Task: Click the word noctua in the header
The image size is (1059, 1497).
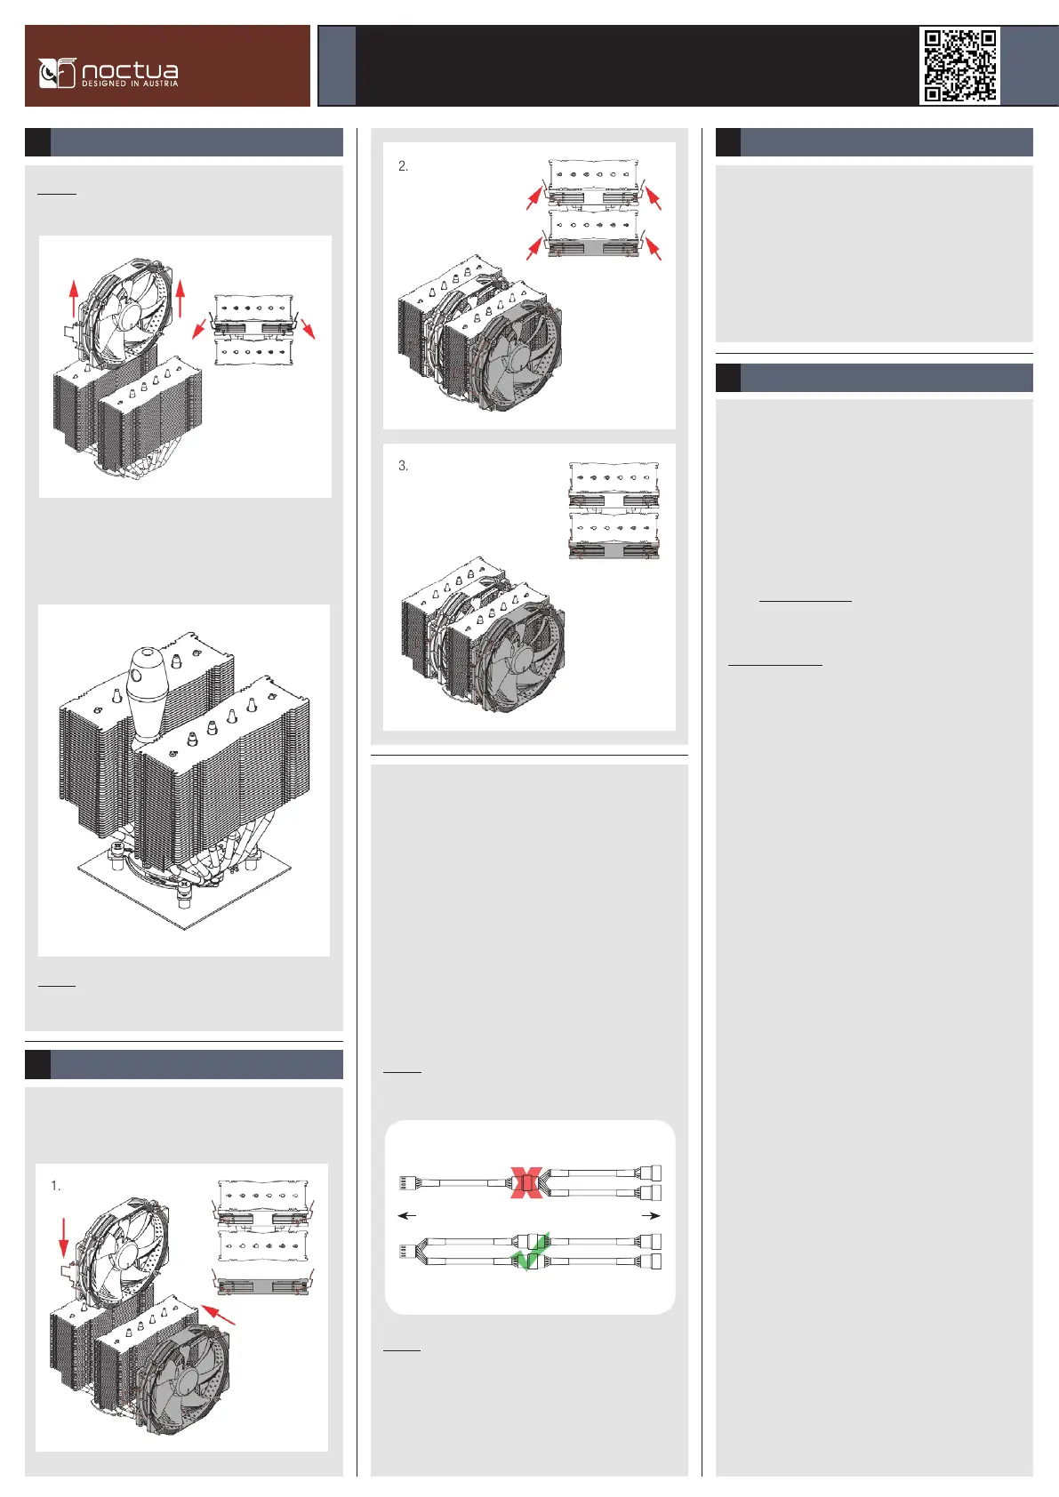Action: pos(130,70)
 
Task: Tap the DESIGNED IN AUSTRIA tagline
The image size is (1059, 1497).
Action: pos(130,84)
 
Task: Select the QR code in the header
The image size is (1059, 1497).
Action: pos(960,66)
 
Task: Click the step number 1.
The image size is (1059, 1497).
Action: pos(55,1186)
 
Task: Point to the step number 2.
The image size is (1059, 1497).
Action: pos(403,165)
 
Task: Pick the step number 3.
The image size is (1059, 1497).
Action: pos(403,466)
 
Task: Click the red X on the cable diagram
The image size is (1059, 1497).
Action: pos(526,1183)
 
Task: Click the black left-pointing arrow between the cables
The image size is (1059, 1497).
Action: pos(406,1215)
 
